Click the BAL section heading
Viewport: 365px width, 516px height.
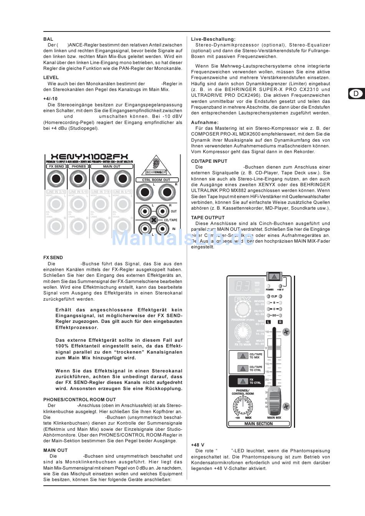coord(48,39)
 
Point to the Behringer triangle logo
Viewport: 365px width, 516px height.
coord(156,163)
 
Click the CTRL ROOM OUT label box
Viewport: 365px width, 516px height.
coord(156,180)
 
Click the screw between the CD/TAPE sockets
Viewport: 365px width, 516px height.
coord(154,220)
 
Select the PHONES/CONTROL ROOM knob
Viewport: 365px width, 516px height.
coord(242,405)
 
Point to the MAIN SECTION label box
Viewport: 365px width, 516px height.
coord(259,424)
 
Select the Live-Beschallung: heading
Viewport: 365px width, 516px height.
coord(213,39)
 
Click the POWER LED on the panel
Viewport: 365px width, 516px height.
coord(270,286)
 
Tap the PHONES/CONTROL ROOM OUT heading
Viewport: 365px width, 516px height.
coord(80,400)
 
